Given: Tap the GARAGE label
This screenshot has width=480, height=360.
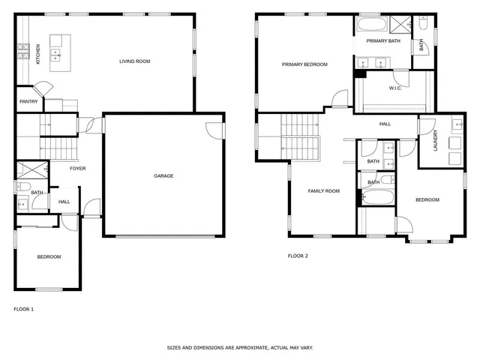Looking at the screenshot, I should (163, 176).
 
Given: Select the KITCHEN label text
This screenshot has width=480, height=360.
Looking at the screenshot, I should (38, 54).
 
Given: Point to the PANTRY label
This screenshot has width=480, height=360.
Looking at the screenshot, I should (28, 101).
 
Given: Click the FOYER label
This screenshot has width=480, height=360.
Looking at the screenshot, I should (77, 169).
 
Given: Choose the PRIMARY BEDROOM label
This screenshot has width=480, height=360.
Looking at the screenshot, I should (304, 64).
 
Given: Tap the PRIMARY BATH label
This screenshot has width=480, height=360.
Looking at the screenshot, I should (384, 41).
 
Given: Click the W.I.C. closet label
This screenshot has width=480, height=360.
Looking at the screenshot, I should (396, 88).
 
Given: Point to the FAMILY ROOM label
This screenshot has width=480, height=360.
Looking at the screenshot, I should (324, 191).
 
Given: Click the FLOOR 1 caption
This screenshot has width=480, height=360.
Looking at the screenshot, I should (23, 309).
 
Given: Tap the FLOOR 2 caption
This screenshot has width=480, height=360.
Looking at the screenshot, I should (298, 256).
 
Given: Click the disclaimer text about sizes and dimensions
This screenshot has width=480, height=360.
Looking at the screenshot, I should (239, 348).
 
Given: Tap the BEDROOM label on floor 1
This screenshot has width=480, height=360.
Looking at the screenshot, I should (49, 257).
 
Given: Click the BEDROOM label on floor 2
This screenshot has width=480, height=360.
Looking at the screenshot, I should (427, 199).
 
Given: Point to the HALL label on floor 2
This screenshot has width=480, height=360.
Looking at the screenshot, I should (385, 124).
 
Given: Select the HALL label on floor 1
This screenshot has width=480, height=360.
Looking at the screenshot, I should (64, 202).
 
